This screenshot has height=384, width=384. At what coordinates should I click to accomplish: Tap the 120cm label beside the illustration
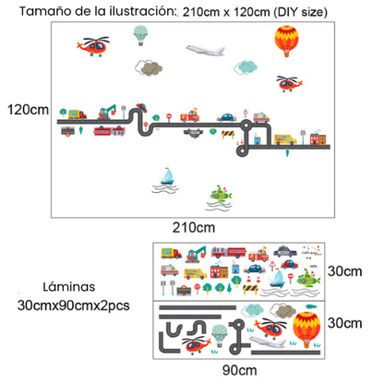pyautogui.click(x=28, y=110)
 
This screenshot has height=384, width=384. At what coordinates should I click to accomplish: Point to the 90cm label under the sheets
pyautogui.click(x=240, y=370)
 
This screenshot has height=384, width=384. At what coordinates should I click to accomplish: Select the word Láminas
pyautogui.click(x=69, y=287)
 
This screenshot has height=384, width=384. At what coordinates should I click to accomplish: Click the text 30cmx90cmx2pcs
pyautogui.click(x=74, y=306)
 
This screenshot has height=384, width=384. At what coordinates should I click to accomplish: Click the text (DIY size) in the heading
pyautogui.click(x=301, y=12)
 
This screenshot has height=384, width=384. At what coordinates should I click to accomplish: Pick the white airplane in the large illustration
pyautogui.click(x=205, y=51)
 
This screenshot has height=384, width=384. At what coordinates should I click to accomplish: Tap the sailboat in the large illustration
pyautogui.click(x=167, y=176)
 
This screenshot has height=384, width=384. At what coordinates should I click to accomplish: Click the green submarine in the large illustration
pyautogui.click(x=221, y=194)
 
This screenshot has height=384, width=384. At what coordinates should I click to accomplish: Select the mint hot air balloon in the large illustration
pyautogui.click(x=140, y=35)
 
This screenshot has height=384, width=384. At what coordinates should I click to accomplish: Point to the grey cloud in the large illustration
pyautogui.click(x=149, y=67)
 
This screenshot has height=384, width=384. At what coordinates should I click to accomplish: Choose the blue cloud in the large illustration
pyautogui.click(x=246, y=67)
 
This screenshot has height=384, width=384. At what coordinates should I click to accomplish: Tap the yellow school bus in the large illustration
pyautogui.click(x=285, y=139)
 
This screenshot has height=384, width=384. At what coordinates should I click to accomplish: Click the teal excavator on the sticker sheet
pyautogui.click(x=196, y=254)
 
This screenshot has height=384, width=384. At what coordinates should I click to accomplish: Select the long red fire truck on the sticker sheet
pyautogui.click(x=229, y=252)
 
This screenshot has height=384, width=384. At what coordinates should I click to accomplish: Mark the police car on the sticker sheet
pyautogui.click(x=285, y=251)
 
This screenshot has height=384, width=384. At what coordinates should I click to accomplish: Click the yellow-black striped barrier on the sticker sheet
pyautogui.click(x=250, y=290)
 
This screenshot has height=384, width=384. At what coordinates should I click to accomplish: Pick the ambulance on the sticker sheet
pyautogui.click(x=170, y=270)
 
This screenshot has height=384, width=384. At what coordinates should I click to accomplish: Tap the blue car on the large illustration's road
pyautogui.click(x=227, y=117)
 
